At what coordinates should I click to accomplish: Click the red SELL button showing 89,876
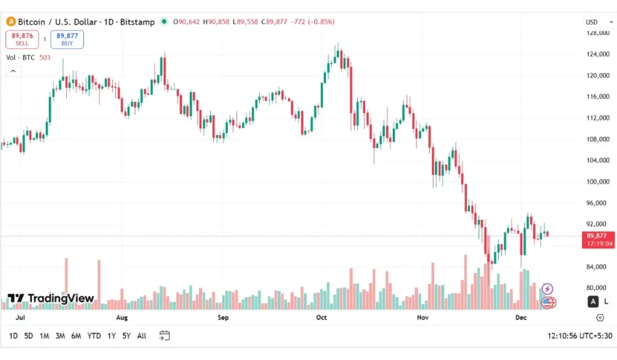(22, 39)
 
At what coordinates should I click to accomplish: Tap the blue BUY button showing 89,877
(67, 39)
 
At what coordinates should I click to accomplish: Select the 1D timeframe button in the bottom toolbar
(13, 336)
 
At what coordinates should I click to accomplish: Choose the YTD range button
(94, 336)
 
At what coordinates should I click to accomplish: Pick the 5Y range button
(126, 336)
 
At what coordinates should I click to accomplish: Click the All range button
(142, 336)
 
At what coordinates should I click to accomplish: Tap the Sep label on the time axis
(223, 317)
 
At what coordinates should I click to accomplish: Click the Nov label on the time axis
(422, 317)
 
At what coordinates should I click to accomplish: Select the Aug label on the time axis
(122, 317)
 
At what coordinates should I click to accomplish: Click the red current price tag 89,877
(598, 239)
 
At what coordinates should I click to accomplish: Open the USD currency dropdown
(594, 22)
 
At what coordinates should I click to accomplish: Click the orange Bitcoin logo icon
(10, 22)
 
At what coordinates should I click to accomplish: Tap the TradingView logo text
(51, 298)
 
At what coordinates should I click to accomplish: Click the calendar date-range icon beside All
(164, 336)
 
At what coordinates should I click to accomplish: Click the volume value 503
(45, 58)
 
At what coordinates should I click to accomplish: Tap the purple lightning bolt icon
(548, 289)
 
